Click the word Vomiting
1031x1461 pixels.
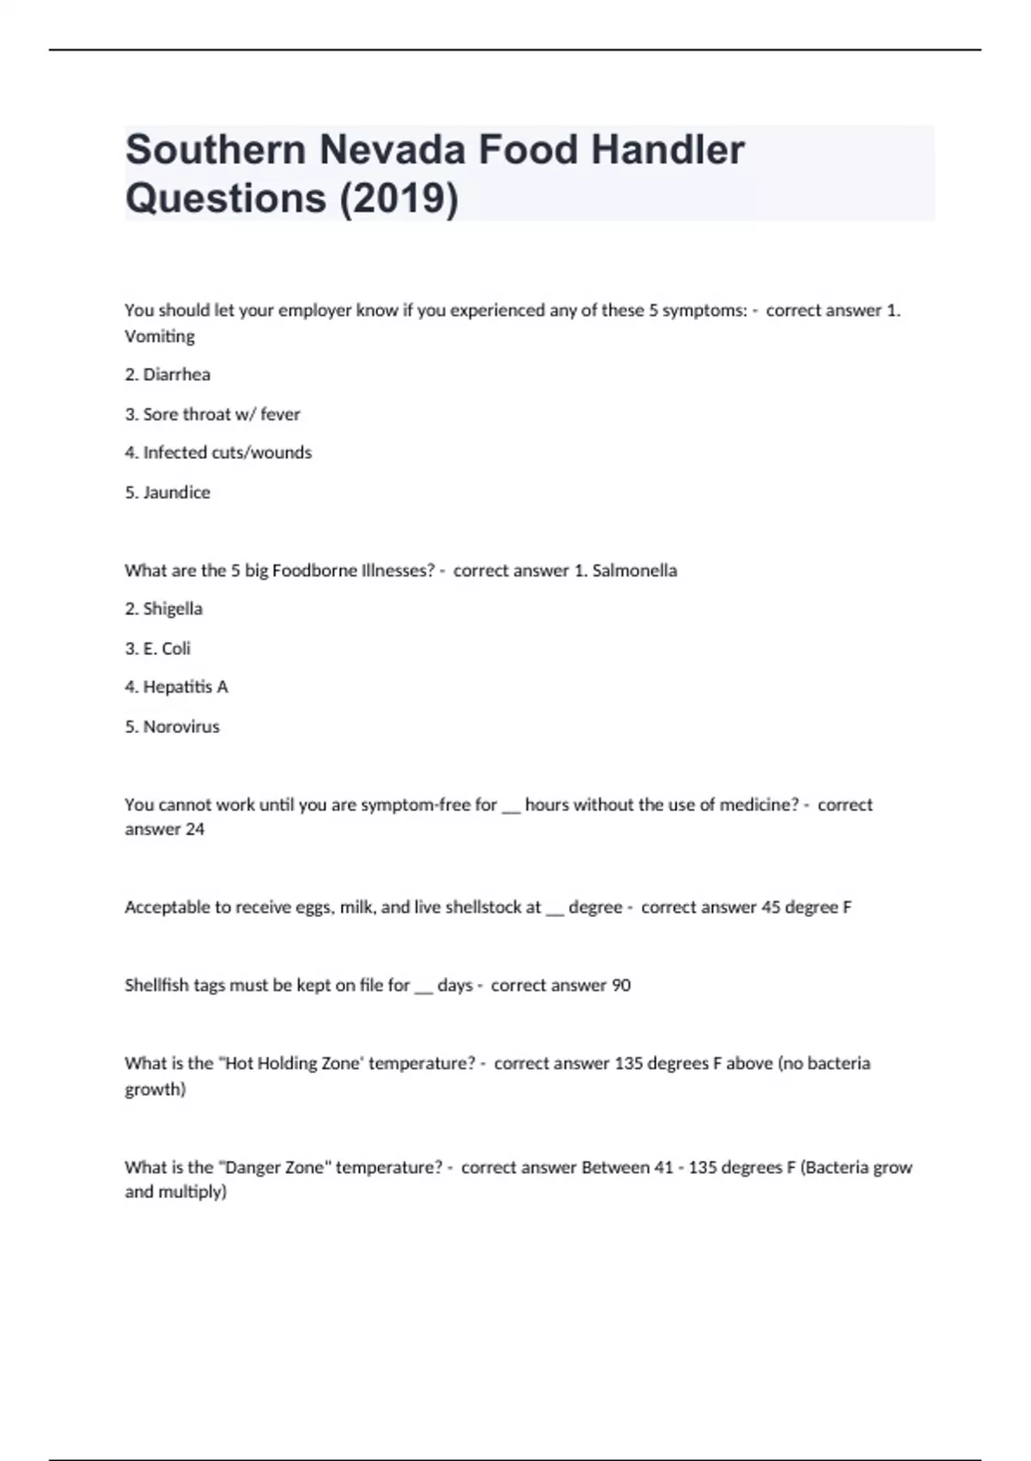[160, 336]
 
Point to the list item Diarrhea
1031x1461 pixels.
[176, 375]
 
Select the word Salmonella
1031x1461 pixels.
[634, 571]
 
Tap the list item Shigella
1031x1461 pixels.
[173, 609]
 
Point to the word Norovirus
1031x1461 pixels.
[181, 727]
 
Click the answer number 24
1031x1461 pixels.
[195, 829]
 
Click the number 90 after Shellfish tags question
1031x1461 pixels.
[620, 986]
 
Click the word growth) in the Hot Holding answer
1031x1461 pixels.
[156, 1090]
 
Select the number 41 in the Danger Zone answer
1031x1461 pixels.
[663, 1168]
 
